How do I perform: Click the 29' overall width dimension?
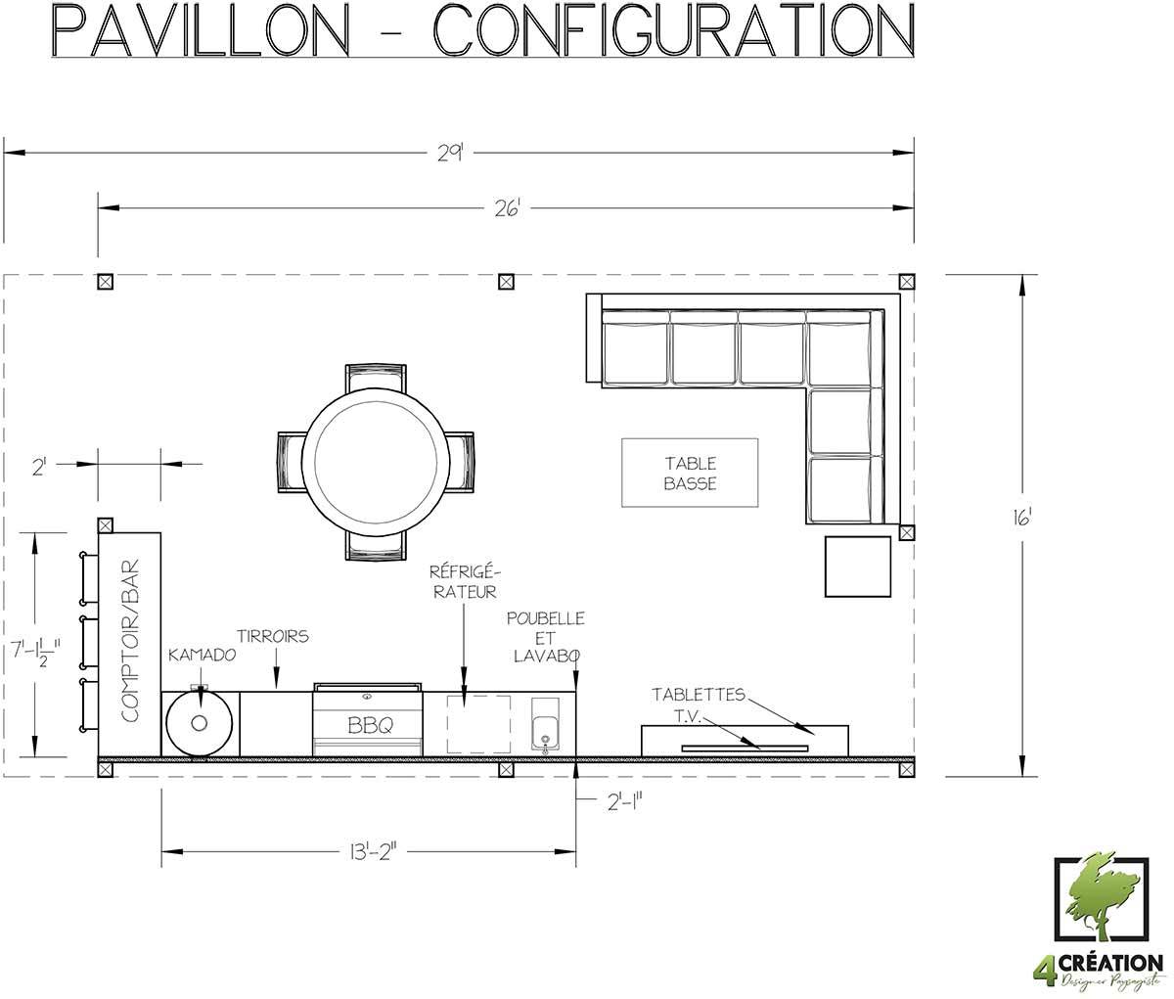[450, 154]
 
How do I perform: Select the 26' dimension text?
[507, 209]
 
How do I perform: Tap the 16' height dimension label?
[1021, 518]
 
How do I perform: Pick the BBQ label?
[370, 725]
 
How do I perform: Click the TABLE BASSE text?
[690, 474]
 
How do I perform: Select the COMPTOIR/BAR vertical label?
[130, 641]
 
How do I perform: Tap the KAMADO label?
[202, 655]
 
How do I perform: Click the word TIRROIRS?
[273, 636]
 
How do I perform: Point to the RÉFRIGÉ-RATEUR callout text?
[465, 581]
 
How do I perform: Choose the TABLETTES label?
[698, 694]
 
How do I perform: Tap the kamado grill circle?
[200, 722]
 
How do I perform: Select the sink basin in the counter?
[545, 732]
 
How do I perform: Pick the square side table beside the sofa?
[858, 567]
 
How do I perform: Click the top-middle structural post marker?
[506, 281]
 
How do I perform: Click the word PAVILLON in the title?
[200, 31]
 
